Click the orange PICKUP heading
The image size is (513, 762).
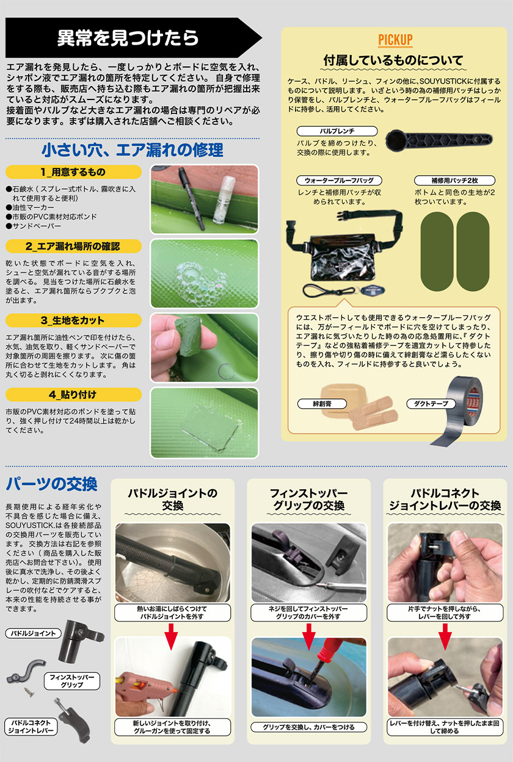(395, 40)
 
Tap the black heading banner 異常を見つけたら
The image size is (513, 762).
(134, 37)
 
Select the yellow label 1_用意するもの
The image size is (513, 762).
(73, 172)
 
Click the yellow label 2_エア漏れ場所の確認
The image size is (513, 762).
(73, 246)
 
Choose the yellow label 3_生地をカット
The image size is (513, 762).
(73, 320)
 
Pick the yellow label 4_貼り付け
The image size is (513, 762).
(73, 394)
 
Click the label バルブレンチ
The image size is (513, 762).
(337, 131)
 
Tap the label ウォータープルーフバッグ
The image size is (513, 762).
(339, 181)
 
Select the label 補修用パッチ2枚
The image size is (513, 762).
(454, 181)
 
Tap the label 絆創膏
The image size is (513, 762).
(322, 404)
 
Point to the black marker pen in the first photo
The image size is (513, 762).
(191, 198)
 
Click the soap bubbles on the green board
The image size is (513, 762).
(198, 276)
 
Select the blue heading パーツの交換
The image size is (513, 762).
(52, 484)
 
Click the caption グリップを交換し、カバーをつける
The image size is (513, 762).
(308, 727)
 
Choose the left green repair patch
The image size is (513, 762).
(437, 251)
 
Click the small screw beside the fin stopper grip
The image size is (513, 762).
(29, 692)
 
